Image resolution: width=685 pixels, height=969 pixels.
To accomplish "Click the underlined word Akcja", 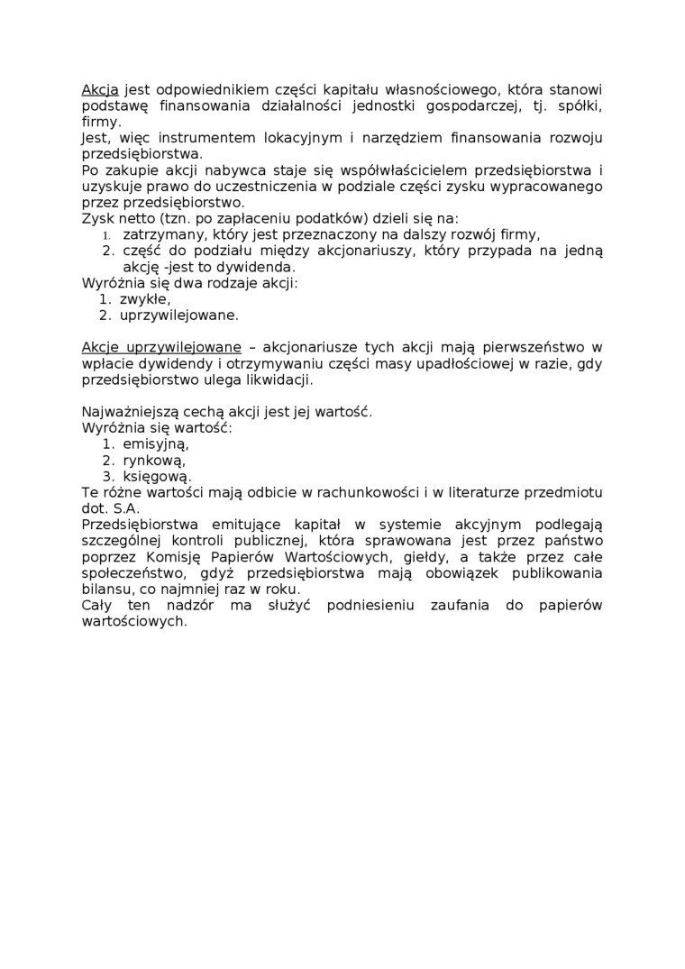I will (100, 90).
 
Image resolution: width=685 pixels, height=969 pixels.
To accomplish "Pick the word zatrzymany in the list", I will (159, 234).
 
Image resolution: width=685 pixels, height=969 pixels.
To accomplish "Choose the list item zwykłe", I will (144, 299).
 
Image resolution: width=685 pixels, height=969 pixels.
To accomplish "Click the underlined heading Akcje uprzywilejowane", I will (161, 347).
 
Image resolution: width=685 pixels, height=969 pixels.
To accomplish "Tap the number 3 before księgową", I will (105, 476).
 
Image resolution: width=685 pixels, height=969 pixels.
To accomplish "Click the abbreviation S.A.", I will (126, 508).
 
